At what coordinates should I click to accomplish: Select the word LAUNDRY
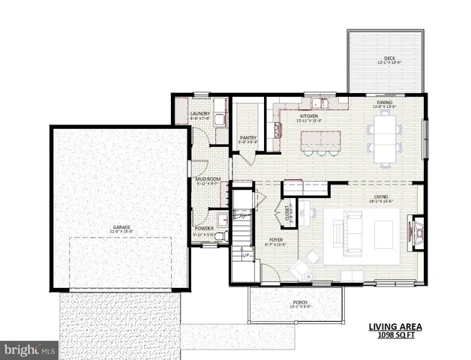click(200, 114)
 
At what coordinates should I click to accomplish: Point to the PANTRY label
click(248, 137)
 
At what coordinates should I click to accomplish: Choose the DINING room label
click(384, 103)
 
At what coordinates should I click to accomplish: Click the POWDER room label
click(203, 228)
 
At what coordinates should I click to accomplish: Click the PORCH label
click(300, 303)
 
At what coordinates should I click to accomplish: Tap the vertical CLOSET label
click(287, 214)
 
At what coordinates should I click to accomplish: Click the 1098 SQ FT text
click(395, 335)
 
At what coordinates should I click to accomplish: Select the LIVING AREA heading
click(395, 327)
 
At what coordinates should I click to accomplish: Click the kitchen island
click(320, 139)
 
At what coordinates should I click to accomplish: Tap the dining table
click(385, 138)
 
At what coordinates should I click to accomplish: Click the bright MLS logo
click(30, 349)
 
